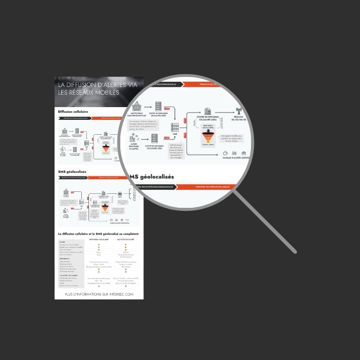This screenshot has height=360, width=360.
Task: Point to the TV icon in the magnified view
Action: point(225,153)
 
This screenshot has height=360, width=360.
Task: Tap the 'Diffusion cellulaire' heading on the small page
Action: point(73,111)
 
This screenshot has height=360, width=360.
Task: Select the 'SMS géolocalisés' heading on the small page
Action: point(73,171)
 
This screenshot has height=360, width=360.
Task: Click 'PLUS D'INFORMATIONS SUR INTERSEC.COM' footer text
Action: point(100,294)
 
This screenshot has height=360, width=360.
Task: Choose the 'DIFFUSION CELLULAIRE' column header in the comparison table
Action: point(99,240)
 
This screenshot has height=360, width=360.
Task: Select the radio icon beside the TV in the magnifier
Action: point(235,153)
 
